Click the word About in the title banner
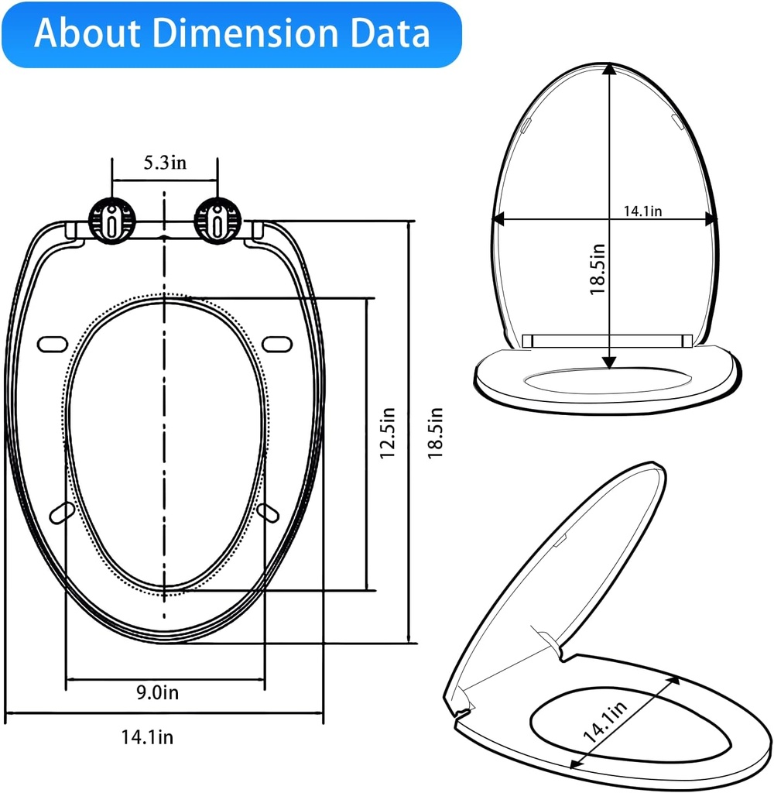[86, 34]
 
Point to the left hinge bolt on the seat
[113, 219]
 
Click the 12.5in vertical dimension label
[388, 434]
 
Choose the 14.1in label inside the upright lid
[643, 211]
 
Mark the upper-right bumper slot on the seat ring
[276, 342]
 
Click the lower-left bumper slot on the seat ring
[62, 512]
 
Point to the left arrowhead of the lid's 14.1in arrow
[500, 219]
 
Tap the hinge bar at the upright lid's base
[607, 340]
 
